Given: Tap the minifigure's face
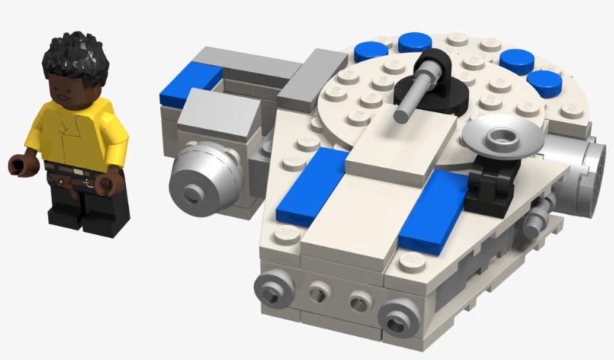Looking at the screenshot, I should pyautogui.click(x=72, y=88).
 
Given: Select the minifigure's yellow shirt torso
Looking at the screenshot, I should pyautogui.click(x=75, y=135).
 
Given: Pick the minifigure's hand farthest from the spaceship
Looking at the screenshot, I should pyautogui.click(x=19, y=164).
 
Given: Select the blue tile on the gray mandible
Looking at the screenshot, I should pyautogui.click(x=192, y=78).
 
